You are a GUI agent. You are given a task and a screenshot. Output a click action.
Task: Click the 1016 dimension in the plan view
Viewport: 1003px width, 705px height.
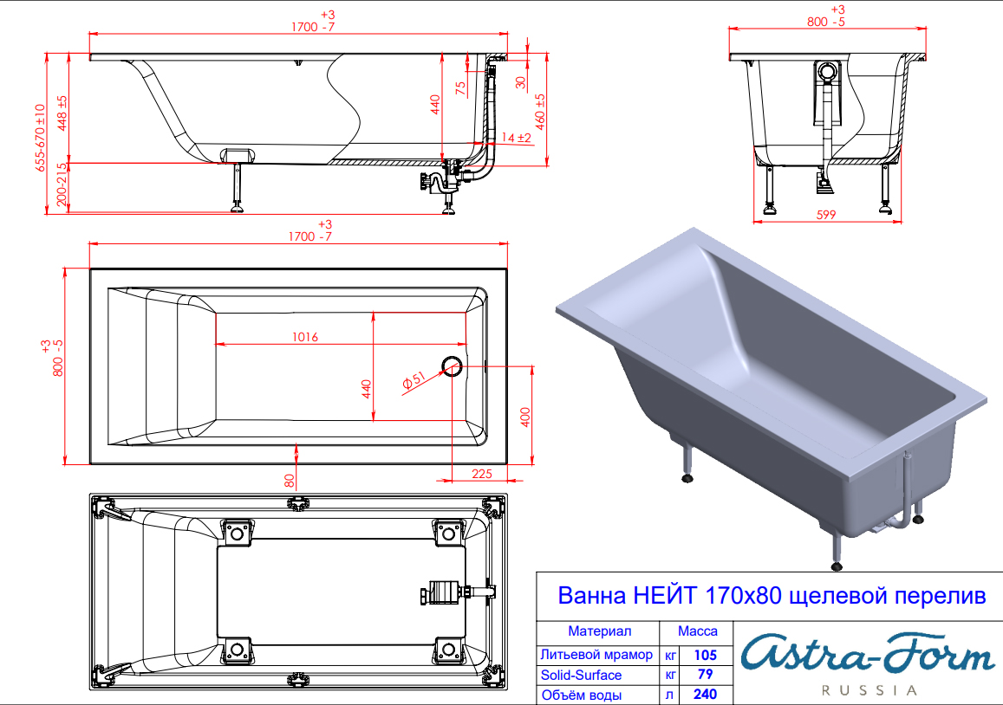click(305, 337)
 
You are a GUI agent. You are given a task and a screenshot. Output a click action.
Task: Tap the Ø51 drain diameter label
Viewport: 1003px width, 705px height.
click(414, 379)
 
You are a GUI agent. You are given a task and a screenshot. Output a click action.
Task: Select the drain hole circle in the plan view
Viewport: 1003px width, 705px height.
click(452, 366)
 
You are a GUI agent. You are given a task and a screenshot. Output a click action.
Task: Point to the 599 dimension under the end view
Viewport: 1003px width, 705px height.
click(826, 215)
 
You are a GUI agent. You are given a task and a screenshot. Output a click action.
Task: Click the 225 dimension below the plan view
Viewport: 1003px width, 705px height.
click(482, 474)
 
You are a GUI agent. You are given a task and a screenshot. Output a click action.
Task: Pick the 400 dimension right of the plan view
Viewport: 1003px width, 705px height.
click(525, 417)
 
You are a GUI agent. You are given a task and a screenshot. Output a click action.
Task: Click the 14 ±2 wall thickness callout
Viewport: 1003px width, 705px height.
click(517, 138)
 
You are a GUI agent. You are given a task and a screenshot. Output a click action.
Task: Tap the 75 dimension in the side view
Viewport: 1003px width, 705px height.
click(460, 88)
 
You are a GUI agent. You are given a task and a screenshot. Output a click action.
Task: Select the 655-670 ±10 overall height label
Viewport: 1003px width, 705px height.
click(40, 138)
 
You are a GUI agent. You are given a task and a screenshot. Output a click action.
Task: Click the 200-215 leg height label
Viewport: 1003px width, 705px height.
click(62, 184)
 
